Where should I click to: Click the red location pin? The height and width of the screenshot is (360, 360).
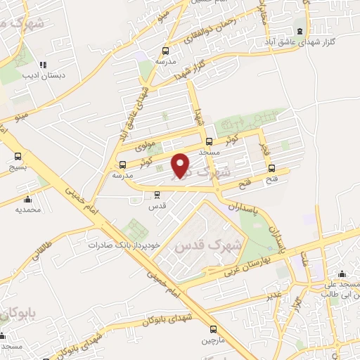click(181, 165)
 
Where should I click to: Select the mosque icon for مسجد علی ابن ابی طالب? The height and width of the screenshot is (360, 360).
click(342, 274)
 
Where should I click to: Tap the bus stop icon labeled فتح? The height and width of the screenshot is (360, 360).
click(272, 167)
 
